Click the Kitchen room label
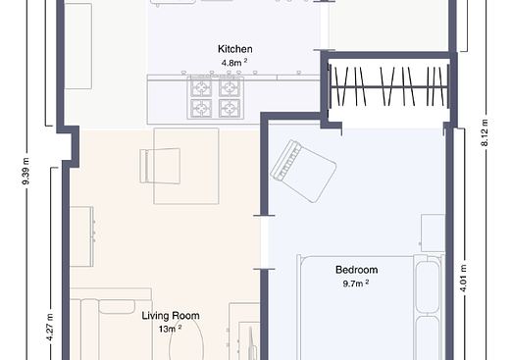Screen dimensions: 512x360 235,49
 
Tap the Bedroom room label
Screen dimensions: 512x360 357,270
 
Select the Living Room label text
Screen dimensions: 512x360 171,316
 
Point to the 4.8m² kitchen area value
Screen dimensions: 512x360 234,62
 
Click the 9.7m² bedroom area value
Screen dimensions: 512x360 356,283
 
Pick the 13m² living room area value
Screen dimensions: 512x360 170,329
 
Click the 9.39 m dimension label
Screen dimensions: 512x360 26,171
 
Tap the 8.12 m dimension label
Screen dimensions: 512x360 485,132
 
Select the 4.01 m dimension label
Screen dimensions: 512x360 464,279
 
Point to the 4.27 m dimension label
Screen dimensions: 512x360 49,328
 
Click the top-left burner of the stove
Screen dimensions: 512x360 201,87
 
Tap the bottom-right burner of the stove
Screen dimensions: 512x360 230,108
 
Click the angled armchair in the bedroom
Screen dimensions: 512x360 303,171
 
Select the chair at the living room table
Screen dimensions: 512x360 160,166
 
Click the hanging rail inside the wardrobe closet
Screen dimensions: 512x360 389,86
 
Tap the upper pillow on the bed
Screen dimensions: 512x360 427,286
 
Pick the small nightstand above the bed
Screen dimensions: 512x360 433,232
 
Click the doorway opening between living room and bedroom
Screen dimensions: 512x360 264,242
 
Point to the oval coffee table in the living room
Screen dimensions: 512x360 186,338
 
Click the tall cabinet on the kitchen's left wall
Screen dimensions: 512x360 78,46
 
